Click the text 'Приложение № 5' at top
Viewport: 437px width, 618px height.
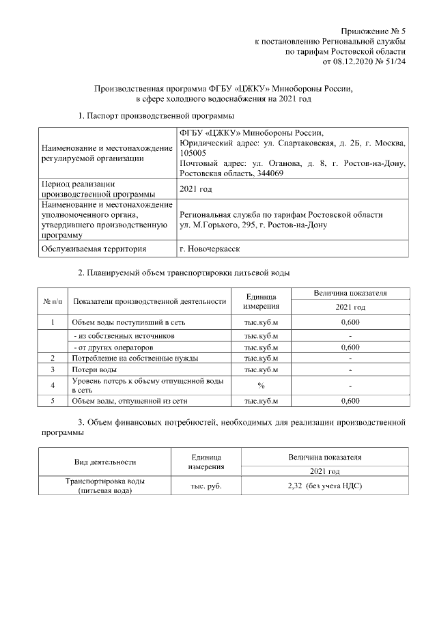pos(373,31)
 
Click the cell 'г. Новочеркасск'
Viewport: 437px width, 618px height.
pos(210,249)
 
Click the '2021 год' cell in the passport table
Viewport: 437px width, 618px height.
pos(195,189)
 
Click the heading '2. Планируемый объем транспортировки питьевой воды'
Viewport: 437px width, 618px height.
pos(184,273)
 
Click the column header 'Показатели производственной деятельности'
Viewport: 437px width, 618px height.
pos(149,301)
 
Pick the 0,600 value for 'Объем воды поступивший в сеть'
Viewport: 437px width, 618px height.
pos(350,322)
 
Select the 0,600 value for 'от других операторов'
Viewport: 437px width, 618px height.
pos(350,347)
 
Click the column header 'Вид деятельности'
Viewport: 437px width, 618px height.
pos(104,462)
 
